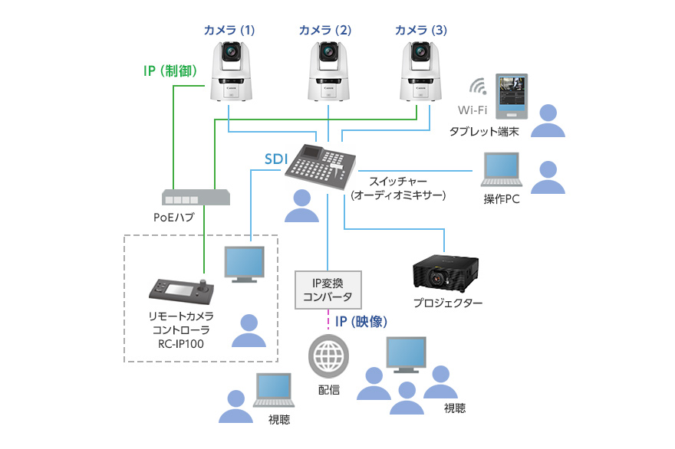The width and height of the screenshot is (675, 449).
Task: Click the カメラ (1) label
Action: pyautogui.click(x=229, y=31)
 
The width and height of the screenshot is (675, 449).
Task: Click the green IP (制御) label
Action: pyautogui.click(x=170, y=70)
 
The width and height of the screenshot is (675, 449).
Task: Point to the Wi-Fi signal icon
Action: pyautogui.click(x=478, y=86)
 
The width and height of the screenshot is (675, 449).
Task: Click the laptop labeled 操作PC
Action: pyautogui.click(x=500, y=169)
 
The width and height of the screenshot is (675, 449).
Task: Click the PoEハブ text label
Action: pyautogui.click(x=174, y=218)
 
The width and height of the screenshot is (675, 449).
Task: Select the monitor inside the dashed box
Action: pyautogui.click(x=243, y=264)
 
